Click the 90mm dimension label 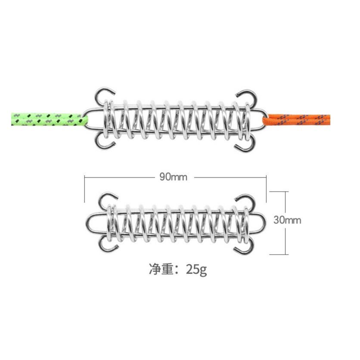174,177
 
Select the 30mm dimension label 287,220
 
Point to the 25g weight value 196,269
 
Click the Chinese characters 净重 160,269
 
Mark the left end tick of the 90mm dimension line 84,189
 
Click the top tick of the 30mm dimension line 279,192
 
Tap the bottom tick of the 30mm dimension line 279,254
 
